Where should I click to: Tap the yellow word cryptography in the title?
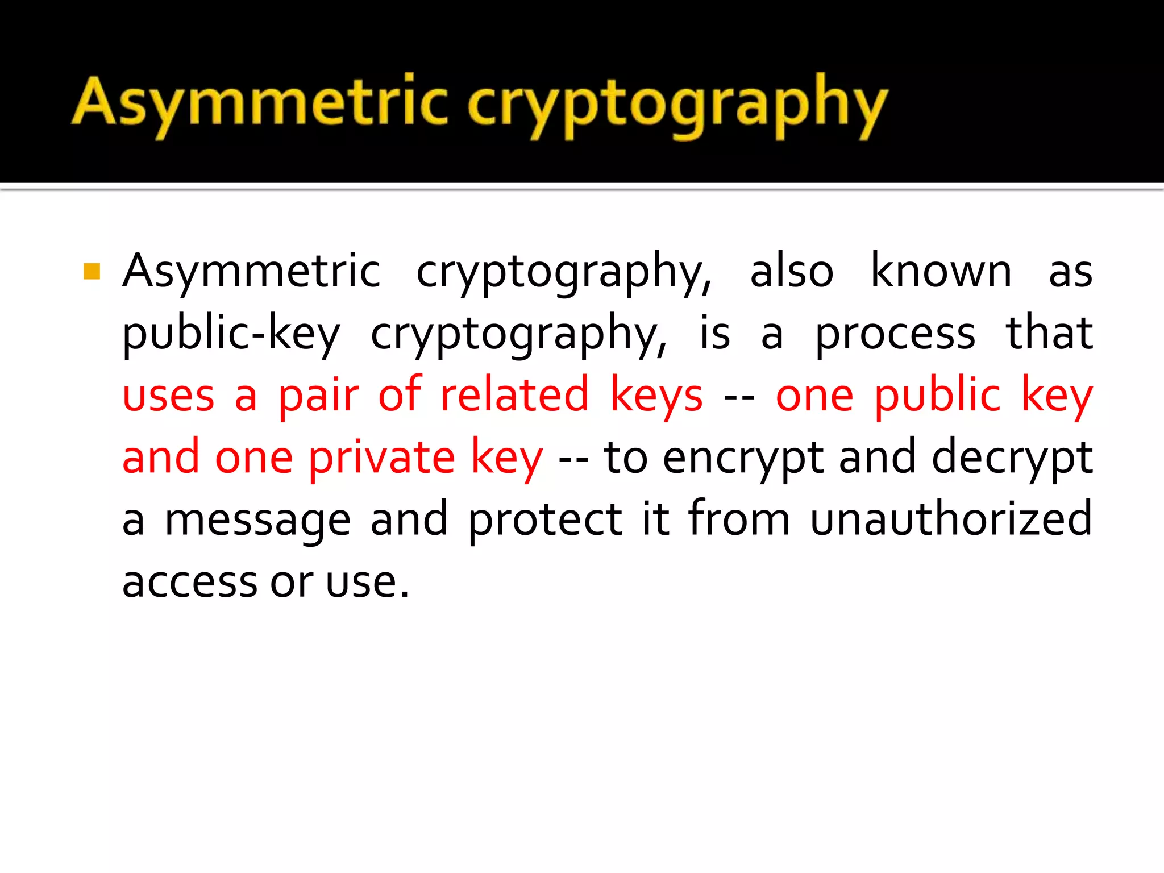click(x=676, y=105)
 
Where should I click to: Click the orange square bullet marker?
click(x=92, y=271)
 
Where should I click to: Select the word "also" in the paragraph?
click(x=791, y=271)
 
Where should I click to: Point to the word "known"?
click(x=941, y=271)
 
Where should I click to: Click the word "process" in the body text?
click(x=895, y=334)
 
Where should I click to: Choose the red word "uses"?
click(x=169, y=396)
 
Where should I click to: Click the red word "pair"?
click(x=318, y=396)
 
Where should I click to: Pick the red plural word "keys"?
click(x=656, y=397)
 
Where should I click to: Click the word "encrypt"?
click(x=743, y=458)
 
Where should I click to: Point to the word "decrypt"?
click(x=1012, y=458)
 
